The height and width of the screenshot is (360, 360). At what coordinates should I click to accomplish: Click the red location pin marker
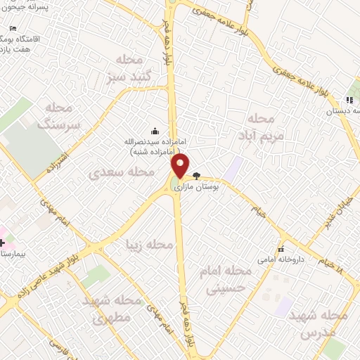click(181, 166)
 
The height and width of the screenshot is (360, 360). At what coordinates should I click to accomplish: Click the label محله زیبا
click(148, 245)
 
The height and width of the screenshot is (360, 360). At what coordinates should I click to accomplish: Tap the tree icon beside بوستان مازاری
click(196, 176)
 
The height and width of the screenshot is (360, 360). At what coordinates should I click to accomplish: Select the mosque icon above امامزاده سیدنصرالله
click(155, 131)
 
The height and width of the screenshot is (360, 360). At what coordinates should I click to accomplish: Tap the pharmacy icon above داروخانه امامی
click(281, 249)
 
